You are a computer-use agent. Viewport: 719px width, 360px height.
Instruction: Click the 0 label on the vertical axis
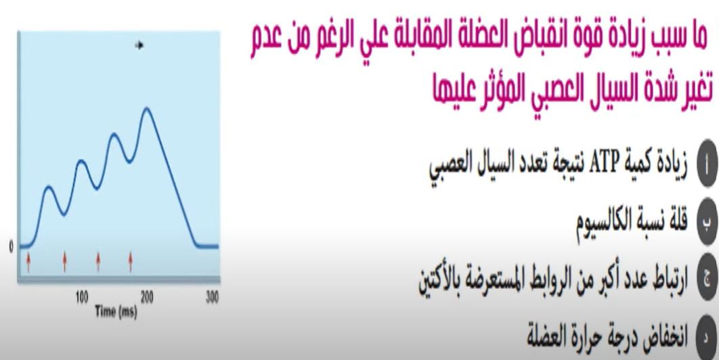11,247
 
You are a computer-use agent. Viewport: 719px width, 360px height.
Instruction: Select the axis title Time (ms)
116,312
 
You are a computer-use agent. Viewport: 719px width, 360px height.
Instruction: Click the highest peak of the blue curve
147,109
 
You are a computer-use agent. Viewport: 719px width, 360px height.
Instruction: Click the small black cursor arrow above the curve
139,45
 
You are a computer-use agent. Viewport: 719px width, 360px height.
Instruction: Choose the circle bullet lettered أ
707,164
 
